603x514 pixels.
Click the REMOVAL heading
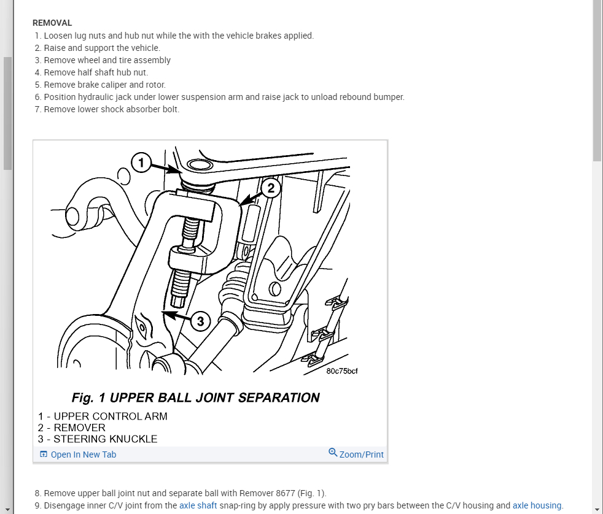(x=52, y=23)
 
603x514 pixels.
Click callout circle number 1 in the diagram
(x=141, y=163)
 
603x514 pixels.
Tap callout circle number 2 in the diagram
(x=271, y=188)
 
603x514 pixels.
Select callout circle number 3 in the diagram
(x=201, y=320)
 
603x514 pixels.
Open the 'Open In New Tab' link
(x=83, y=455)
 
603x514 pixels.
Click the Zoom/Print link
(x=361, y=455)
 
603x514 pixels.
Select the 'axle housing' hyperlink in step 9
(x=537, y=505)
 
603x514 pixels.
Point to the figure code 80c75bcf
(x=342, y=370)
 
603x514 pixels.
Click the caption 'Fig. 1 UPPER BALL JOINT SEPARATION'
(x=195, y=397)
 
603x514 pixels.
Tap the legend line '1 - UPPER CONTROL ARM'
(x=103, y=416)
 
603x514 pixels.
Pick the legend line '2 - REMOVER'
(x=72, y=428)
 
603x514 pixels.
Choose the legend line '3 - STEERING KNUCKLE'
(x=98, y=439)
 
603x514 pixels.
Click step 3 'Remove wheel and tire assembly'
(x=107, y=60)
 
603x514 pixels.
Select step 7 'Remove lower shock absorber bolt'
(x=111, y=109)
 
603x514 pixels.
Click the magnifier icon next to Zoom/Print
(x=333, y=453)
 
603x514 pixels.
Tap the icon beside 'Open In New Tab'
(x=44, y=455)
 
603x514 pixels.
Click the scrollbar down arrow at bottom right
(x=597, y=509)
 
